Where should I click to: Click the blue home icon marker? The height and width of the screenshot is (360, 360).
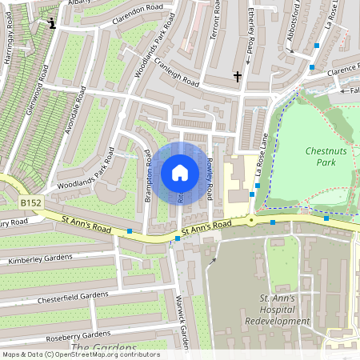[180, 173]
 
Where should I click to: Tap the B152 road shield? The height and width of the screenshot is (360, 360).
[30, 204]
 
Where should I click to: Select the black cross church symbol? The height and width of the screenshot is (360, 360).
[237, 77]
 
